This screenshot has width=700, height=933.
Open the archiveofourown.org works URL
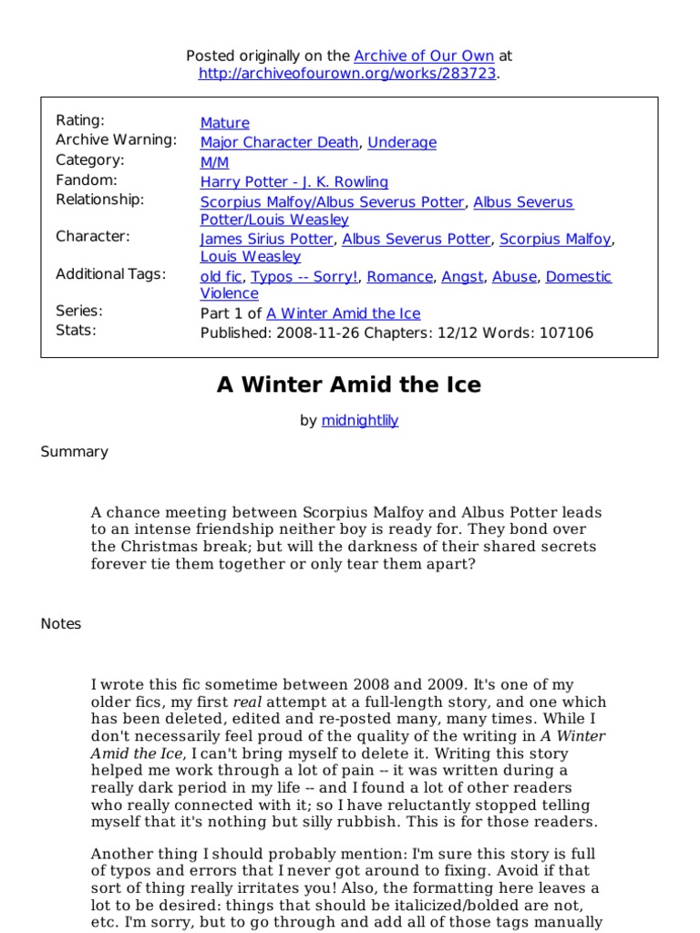click(x=348, y=74)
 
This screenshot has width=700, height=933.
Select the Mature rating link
click(x=224, y=123)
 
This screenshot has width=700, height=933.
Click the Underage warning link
click(x=402, y=142)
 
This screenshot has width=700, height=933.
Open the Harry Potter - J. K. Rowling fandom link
click(x=293, y=181)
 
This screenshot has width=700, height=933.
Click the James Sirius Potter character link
click(x=267, y=240)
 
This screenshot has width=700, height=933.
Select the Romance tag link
click(x=400, y=276)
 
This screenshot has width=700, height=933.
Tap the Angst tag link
click(x=462, y=276)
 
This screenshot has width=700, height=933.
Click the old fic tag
click(x=221, y=276)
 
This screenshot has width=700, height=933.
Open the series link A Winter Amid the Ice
click(x=343, y=313)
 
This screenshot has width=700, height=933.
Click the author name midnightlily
click(x=360, y=421)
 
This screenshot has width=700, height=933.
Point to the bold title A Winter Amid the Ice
click(x=349, y=385)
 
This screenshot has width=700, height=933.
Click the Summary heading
click(x=74, y=452)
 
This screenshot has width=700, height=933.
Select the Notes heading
click(x=61, y=624)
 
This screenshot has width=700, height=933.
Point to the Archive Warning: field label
click(x=116, y=140)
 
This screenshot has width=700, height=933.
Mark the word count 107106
click(x=562, y=333)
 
